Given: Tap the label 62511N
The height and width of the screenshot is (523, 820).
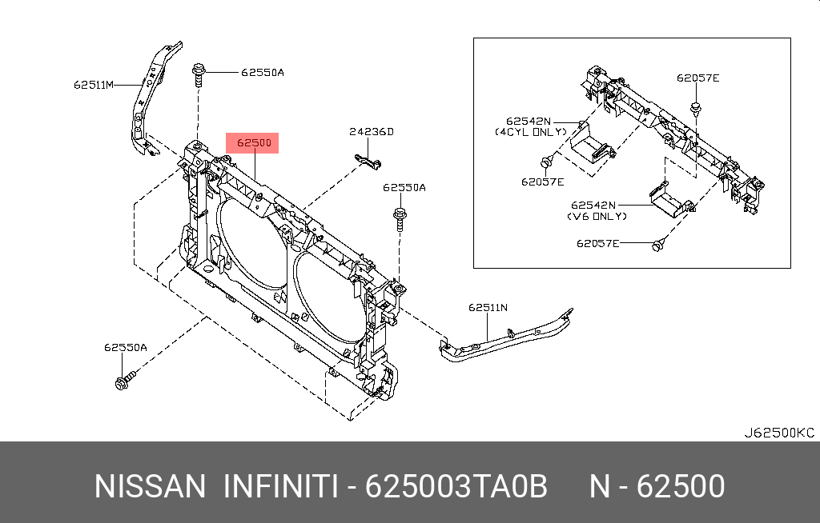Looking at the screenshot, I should point(488,306).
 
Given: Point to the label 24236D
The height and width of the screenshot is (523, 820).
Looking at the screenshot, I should point(371,132).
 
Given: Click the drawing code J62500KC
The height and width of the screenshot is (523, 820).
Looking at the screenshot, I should point(778,433).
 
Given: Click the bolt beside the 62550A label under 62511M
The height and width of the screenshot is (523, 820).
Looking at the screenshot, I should point(198,78).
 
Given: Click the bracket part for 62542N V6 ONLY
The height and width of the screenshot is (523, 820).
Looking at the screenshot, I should point(666,199).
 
